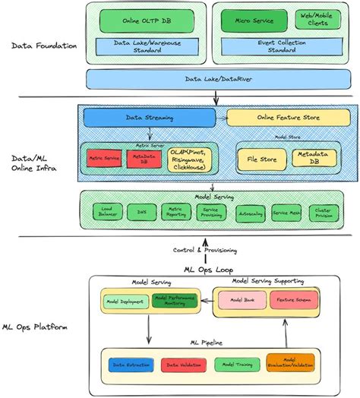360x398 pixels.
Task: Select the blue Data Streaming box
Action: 148,118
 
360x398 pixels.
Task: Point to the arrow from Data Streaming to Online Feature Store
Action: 221,118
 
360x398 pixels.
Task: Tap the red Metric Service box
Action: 104,157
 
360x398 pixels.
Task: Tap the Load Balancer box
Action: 106,212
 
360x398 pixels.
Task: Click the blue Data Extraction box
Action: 130,364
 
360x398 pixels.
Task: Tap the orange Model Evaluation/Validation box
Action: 290,363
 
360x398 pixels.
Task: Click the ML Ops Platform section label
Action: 39,327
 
